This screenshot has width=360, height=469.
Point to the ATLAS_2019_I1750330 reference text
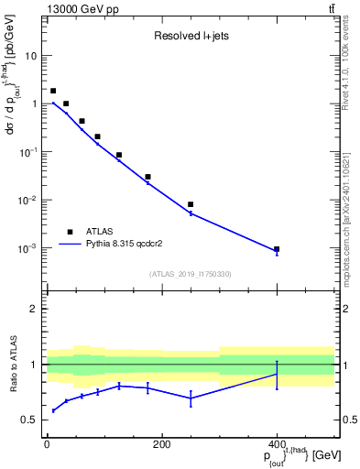(190, 274)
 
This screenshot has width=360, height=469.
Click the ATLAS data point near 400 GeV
(277, 249)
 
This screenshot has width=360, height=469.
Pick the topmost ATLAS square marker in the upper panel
(53, 91)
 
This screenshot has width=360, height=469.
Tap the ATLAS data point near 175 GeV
(147, 177)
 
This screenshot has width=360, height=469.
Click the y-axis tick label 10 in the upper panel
(30, 56)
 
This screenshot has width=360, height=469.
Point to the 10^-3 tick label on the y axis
(27, 249)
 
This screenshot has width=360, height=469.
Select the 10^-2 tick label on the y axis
(27, 201)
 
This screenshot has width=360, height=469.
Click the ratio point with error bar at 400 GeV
(277, 375)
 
